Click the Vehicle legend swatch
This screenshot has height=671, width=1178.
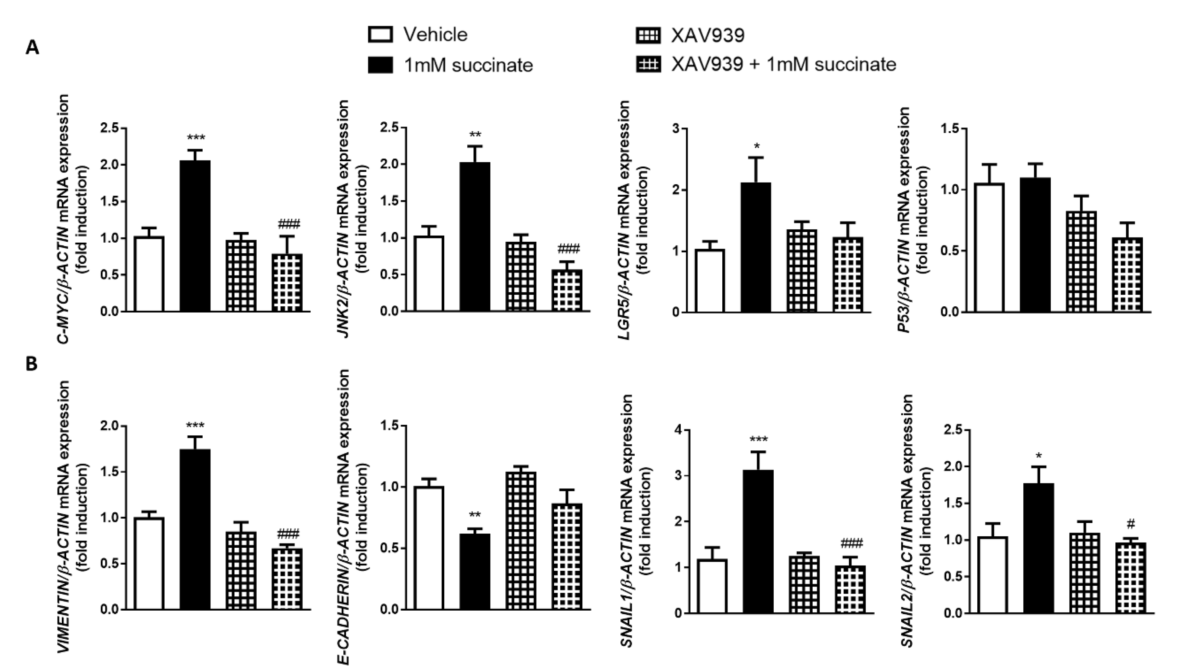381,35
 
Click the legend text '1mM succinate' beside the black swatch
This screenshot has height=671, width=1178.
468,65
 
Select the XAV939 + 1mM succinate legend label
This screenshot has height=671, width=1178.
783,64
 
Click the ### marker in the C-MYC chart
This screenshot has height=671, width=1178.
289,225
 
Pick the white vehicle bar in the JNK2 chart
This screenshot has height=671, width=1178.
429,274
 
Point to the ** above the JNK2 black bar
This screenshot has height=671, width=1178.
475,135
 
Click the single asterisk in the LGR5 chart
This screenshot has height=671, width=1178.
756,147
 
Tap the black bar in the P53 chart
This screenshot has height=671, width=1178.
1035,245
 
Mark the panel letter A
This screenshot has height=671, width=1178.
32,47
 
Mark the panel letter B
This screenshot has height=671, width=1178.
32,364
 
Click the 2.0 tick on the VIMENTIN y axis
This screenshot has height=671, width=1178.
110,426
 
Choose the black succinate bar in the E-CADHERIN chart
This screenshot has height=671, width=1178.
475,571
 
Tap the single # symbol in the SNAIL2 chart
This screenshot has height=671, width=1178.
1131,523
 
